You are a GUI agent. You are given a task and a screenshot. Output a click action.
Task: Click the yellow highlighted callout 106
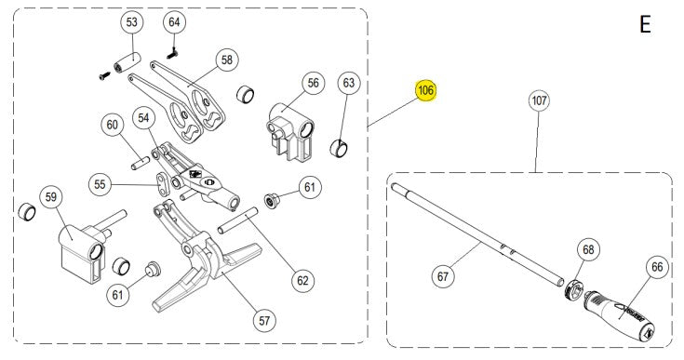click(x=425, y=91)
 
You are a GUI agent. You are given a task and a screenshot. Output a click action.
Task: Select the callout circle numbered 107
click(x=537, y=100)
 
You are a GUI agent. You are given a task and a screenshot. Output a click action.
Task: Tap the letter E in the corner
click(x=645, y=25)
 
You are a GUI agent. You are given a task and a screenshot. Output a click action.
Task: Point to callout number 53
click(x=131, y=21)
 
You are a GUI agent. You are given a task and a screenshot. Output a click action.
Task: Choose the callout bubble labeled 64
click(x=174, y=21)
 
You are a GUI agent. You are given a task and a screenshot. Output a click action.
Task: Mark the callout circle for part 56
click(x=313, y=83)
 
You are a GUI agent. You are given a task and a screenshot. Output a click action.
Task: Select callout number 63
click(x=348, y=84)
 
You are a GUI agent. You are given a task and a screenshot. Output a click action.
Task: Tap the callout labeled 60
click(x=113, y=125)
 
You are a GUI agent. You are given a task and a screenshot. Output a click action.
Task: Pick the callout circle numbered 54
click(x=143, y=118)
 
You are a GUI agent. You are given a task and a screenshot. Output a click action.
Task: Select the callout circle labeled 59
click(x=51, y=197)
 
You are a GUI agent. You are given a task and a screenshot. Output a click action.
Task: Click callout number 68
click(x=587, y=249)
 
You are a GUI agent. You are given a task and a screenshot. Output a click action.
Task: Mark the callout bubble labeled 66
click(x=657, y=268)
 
